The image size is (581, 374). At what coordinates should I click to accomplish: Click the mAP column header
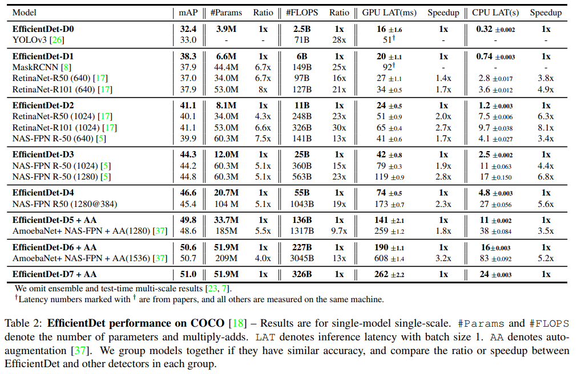tap(188, 13)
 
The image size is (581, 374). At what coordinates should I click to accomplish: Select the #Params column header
tap(226, 13)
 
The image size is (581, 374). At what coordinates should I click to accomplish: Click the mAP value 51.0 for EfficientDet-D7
tap(188, 274)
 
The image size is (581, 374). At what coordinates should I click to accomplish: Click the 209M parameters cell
tap(227, 258)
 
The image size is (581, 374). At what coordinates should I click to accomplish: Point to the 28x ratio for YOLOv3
tap(340, 40)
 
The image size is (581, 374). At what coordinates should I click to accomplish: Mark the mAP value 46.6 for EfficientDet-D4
tap(188, 193)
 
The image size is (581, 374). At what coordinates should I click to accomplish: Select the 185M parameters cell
tap(227, 231)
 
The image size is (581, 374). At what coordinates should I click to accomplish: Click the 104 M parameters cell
tap(227, 204)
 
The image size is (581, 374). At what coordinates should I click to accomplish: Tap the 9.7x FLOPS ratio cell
tap(340, 231)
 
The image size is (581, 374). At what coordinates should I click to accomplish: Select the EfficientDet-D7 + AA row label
tap(54, 274)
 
